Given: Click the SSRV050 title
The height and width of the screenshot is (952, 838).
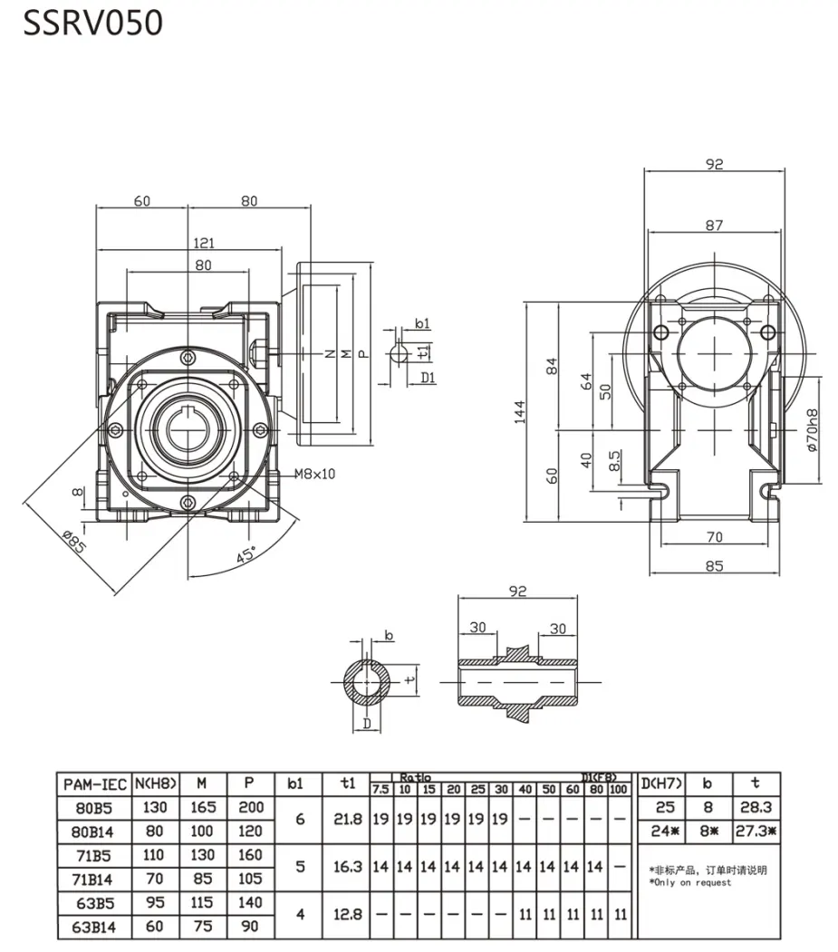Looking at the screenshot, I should pos(92,24).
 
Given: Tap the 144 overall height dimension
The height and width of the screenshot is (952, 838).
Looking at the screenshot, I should pos(520,413).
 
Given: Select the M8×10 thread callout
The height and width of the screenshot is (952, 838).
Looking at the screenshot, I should pos(315,474).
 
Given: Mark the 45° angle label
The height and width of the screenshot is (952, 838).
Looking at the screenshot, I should pos(246,554).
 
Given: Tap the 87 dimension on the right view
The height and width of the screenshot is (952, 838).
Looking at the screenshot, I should pos(714,225).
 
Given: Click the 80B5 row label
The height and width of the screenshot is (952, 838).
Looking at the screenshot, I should pos(94,807).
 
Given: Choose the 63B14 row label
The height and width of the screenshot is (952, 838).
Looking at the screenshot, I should pos(94,927).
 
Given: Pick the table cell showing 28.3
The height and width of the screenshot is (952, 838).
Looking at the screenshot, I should pos(755,807).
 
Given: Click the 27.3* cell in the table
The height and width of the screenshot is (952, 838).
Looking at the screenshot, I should pos(755,830).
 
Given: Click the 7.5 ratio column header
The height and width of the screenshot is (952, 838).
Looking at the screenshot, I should pos(380,789).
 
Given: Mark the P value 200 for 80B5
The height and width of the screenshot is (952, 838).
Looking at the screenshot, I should pos(248,807).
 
